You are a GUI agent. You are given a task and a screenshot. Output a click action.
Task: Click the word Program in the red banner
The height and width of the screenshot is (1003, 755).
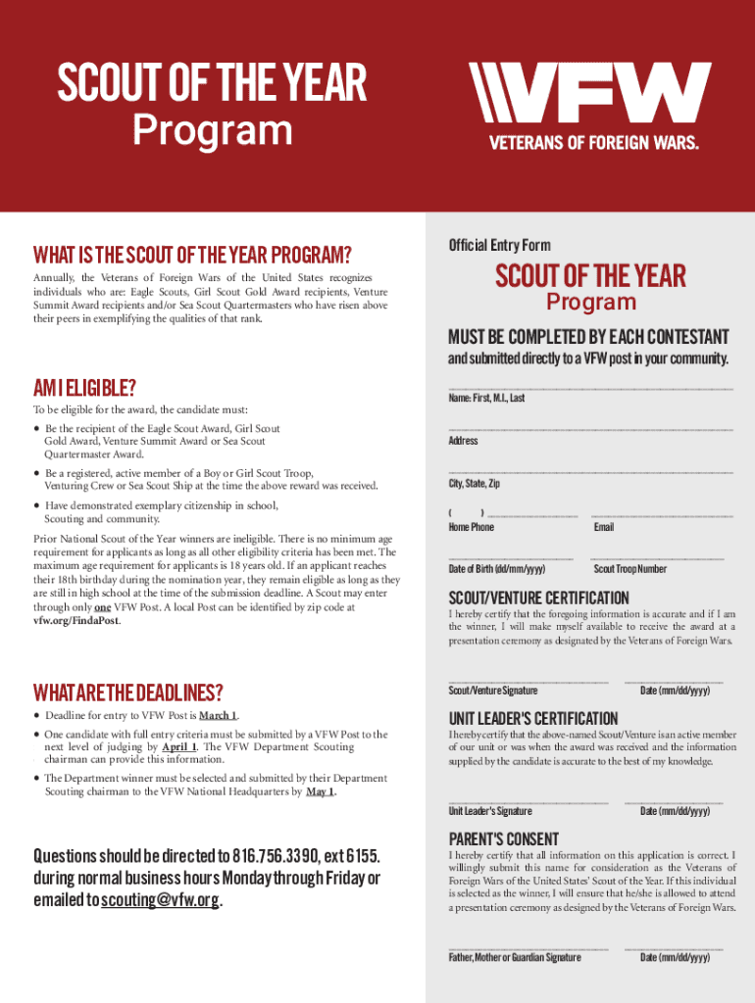click(213, 130)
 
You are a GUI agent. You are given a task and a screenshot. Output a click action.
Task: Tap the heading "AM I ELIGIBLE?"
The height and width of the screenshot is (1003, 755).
click(83, 388)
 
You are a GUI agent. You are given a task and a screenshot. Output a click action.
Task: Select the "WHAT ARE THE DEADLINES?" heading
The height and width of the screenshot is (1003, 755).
click(127, 693)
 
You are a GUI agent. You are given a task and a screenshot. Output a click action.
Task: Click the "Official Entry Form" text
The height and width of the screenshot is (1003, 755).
click(499, 245)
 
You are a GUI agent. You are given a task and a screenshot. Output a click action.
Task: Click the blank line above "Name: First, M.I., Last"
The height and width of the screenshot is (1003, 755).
click(590, 388)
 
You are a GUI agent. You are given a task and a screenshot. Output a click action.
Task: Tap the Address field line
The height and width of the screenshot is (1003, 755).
click(590, 430)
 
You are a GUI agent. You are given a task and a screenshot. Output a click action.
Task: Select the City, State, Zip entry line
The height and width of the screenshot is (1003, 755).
click(590, 473)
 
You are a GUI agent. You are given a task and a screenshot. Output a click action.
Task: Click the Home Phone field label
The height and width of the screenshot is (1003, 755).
click(471, 527)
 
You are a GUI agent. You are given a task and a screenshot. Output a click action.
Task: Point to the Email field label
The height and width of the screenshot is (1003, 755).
click(604, 527)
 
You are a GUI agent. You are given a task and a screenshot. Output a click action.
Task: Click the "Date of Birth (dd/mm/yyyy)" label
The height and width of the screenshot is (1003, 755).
click(497, 569)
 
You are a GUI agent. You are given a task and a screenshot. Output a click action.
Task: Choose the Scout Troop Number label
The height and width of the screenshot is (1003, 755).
click(630, 569)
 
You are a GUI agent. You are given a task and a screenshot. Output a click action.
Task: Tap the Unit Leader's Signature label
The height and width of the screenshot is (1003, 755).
click(490, 811)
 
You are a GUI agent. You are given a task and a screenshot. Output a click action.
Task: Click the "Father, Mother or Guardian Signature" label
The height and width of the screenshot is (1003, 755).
click(515, 957)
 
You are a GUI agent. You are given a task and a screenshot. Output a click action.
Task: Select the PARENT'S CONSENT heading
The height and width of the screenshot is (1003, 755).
click(504, 839)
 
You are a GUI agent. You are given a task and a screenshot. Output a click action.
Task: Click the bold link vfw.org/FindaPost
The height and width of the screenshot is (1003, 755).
click(77, 621)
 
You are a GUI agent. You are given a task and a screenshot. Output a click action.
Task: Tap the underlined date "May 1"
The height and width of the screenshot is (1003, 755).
click(320, 791)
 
